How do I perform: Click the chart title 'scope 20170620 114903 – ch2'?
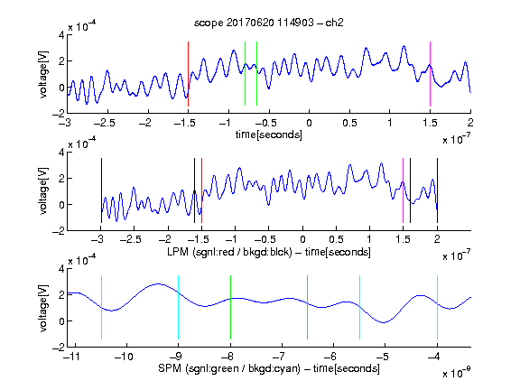coord(268,23)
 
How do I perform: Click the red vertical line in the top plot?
coord(188,74)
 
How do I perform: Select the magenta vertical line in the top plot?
coord(430,74)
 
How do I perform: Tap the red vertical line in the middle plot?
coord(201,190)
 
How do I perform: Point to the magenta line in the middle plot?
coord(403,190)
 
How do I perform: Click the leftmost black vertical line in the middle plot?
coord(101,190)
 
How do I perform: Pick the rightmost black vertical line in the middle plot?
coord(437,190)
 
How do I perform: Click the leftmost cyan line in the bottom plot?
coord(101,308)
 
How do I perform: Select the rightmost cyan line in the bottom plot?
coord(437,308)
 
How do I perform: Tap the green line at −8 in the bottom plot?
coord(230,308)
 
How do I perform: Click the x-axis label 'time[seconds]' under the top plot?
coord(269,135)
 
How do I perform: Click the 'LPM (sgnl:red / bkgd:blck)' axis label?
coord(229,252)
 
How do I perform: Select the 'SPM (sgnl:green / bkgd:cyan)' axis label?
coord(228,368)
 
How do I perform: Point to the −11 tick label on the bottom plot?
coord(75,357)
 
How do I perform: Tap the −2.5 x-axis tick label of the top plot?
coord(104,123)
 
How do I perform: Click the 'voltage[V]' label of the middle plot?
coord(43,191)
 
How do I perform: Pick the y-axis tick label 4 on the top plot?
coord(61,35)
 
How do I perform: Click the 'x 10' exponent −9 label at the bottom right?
coord(456,373)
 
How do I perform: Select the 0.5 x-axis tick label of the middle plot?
coord(336,239)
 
